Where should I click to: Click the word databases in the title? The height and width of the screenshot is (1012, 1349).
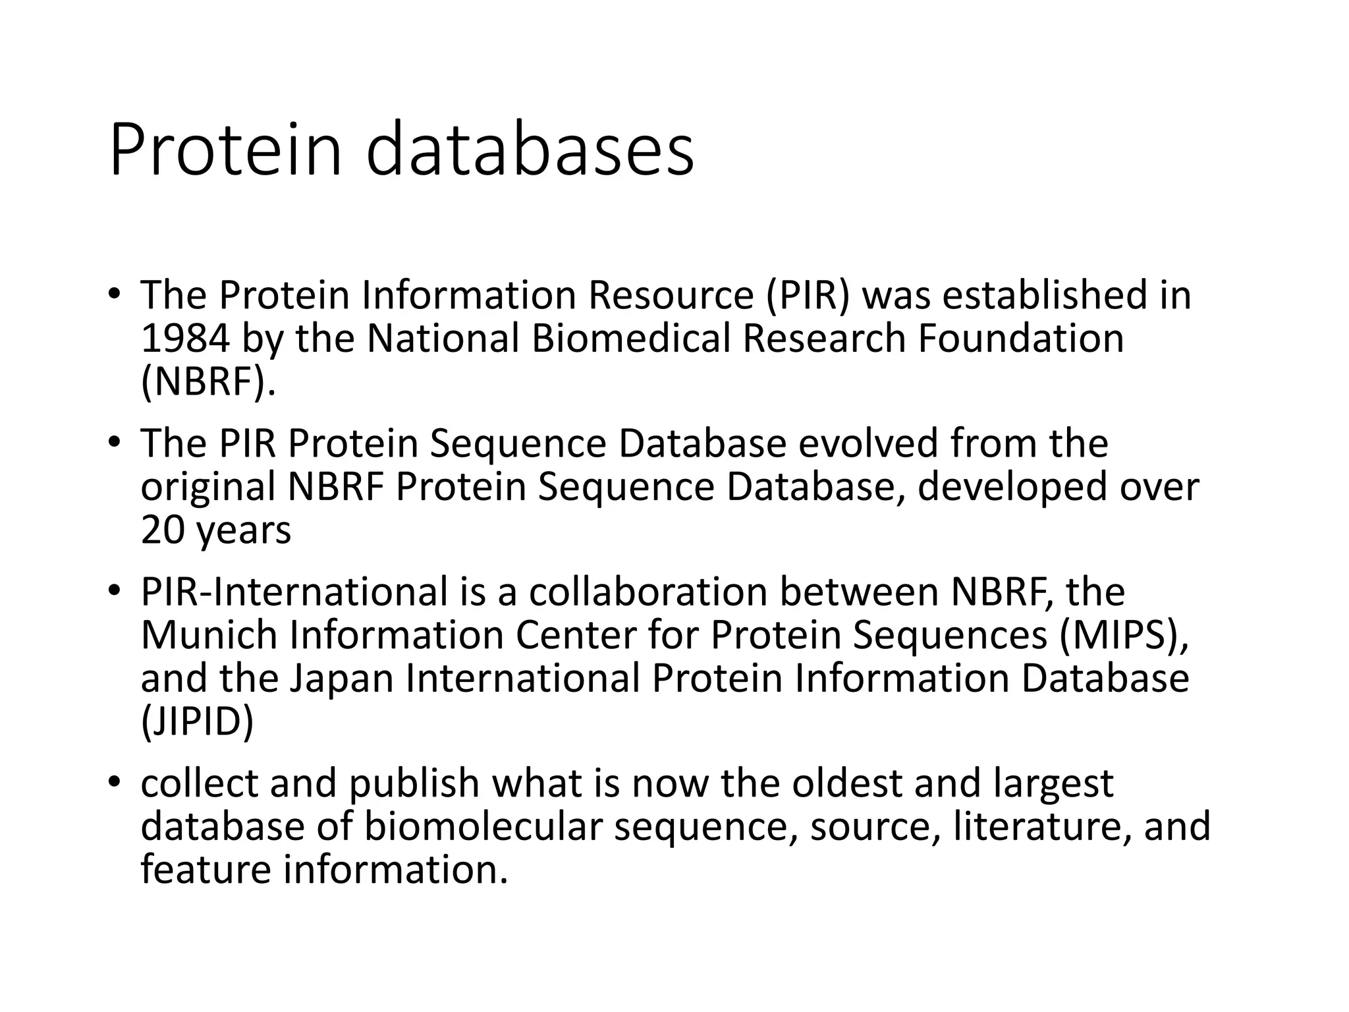coord(530,150)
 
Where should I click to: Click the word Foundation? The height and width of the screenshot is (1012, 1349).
coord(1021,339)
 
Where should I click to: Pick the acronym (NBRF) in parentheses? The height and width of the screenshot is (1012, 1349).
coord(207,382)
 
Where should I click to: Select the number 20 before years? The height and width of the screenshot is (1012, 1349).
coord(163,530)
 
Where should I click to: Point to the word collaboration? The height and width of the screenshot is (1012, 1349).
coord(649,592)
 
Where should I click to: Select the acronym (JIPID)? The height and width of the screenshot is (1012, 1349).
coord(197,722)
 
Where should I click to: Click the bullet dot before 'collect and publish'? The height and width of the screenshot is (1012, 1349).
coord(115,781)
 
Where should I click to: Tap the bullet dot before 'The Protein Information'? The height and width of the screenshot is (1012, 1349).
coord(115,293)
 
